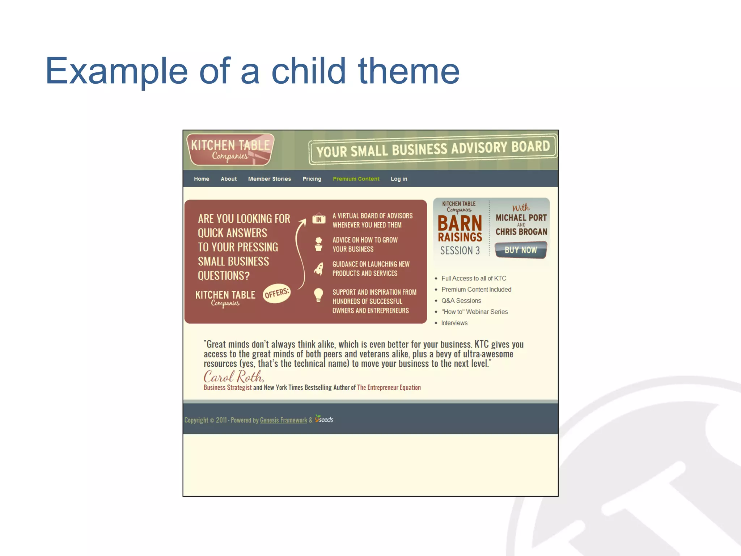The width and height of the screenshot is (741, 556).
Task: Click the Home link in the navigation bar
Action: click(x=202, y=179)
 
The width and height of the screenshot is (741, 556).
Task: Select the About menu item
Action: click(x=229, y=179)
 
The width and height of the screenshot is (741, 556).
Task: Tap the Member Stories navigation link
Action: click(x=270, y=179)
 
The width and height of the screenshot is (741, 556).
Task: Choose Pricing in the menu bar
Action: click(x=312, y=179)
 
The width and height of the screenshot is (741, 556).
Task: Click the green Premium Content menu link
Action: click(x=356, y=179)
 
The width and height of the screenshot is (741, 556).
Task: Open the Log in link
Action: click(x=399, y=179)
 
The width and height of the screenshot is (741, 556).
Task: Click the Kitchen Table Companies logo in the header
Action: click(x=230, y=150)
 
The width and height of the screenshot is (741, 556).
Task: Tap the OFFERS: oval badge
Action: click(x=277, y=293)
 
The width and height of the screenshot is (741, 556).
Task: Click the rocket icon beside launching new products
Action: click(x=319, y=269)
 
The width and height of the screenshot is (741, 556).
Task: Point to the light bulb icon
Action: click(x=318, y=295)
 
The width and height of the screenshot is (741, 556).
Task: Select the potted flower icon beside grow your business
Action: click(x=318, y=244)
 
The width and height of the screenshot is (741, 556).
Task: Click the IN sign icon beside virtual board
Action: click(x=319, y=219)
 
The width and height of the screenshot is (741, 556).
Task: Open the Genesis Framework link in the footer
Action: click(x=283, y=420)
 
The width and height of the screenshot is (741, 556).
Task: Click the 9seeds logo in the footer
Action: click(x=324, y=419)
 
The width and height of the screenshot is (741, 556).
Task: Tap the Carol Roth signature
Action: click(x=234, y=377)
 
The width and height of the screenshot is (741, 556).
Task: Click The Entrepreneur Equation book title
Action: click(x=389, y=388)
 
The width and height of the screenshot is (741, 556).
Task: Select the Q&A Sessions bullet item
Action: click(x=461, y=301)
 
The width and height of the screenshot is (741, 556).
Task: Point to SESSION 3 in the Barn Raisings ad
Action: click(x=460, y=250)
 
